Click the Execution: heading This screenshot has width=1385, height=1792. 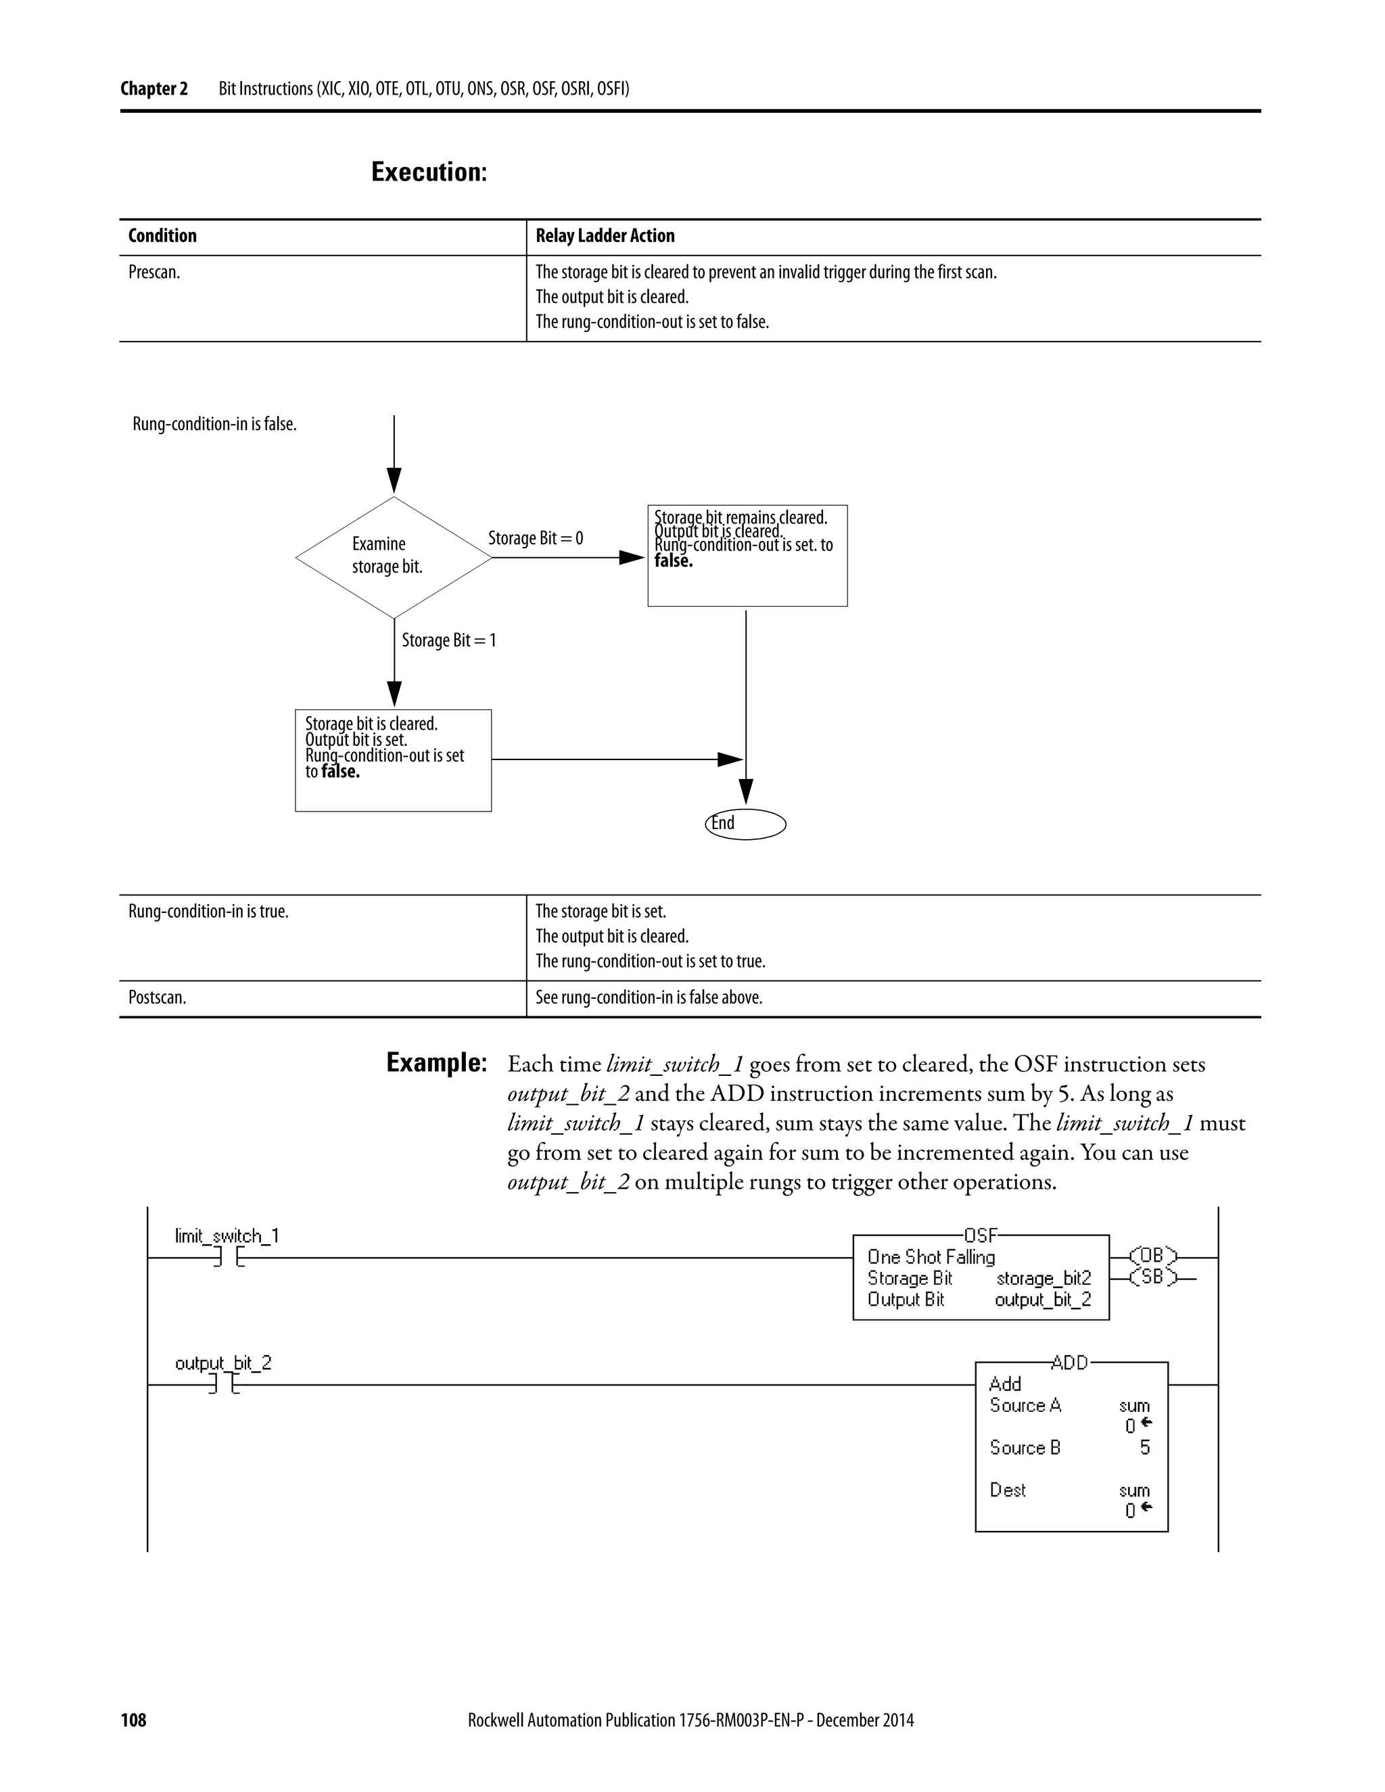(x=429, y=172)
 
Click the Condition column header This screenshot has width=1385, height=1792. (x=162, y=236)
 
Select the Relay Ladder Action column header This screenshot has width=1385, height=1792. (x=605, y=236)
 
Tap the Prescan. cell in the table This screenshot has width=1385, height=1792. (x=154, y=273)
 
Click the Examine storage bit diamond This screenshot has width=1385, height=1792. (x=393, y=557)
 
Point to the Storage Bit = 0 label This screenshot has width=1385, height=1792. (x=535, y=538)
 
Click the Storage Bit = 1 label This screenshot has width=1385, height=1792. (x=449, y=640)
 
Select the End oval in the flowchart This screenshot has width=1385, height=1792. (x=745, y=824)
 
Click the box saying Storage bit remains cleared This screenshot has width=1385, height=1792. (x=747, y=555)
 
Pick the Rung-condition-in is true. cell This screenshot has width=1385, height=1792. (x=208, y=912)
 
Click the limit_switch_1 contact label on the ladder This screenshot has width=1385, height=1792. (x=227, y=1235)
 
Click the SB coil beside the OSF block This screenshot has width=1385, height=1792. (x=1152, y=1277)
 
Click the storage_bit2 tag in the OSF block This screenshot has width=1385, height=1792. (x=1043, y=1278)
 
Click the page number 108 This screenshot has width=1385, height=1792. (x=133, y=1720)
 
